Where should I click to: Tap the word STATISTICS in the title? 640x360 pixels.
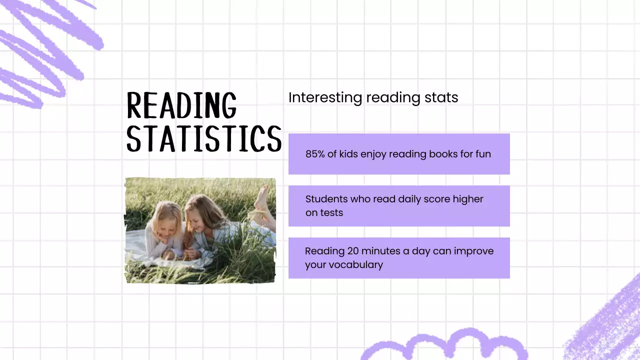tap(204, 138)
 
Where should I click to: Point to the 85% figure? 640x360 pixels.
tap(315, 154)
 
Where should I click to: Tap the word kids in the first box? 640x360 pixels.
tap(349, 154)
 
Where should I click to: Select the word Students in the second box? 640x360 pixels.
tap(325, 199)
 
